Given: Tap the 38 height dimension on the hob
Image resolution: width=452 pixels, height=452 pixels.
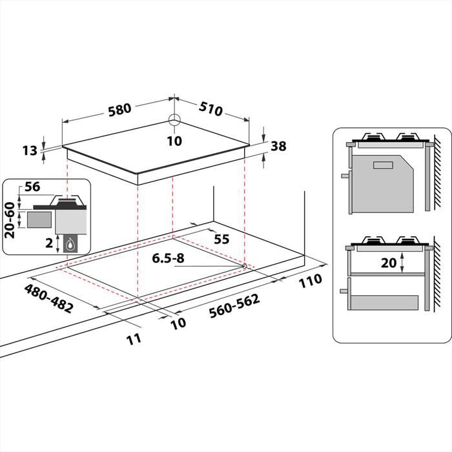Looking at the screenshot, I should (278, 146).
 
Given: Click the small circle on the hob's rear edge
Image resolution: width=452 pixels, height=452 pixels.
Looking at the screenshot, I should (174, 120).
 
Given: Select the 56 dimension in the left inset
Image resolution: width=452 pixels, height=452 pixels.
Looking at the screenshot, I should (32, 188).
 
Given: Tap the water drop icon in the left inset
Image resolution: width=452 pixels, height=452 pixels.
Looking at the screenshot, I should (69, 243).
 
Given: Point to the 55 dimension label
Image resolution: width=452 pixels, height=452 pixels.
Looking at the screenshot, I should (221, 239).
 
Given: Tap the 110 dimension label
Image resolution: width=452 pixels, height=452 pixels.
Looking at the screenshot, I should (310, 282).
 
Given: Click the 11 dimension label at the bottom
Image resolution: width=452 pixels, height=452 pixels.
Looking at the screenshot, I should (134, 338).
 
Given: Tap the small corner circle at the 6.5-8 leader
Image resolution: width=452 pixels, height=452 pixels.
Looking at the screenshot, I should (244, 265).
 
